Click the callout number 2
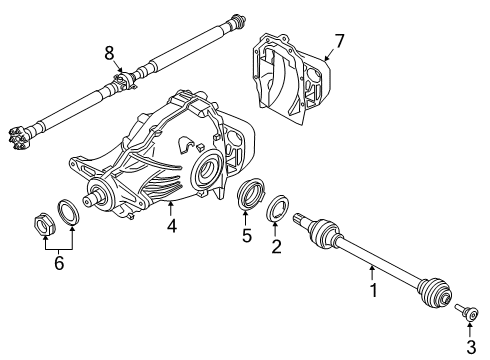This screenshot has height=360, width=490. (x=276, y=244)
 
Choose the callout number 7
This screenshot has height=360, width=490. (x=339, y=41)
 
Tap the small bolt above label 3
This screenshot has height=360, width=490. (x=468, y=311)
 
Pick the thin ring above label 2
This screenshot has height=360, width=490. (x=278, y=211)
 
